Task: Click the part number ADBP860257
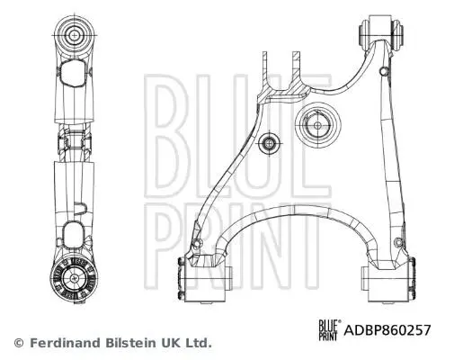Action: pyautogui.click(x=387, y=330)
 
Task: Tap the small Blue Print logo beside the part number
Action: pyautogui.click(x=330, y=330)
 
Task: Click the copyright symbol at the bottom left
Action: pyautogui.click(x=19, y=343)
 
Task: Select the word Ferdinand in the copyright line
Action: pyautogui.click(x=65, y=343)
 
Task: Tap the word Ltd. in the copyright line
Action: pyautogui.click(x=199, y=343)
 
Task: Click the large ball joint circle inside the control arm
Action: pyautogui.click(x=318, y=125)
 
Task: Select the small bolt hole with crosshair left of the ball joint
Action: pyautogui.click(x=269, y=143)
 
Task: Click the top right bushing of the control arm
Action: pyautogui.click(x=381, y=31)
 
